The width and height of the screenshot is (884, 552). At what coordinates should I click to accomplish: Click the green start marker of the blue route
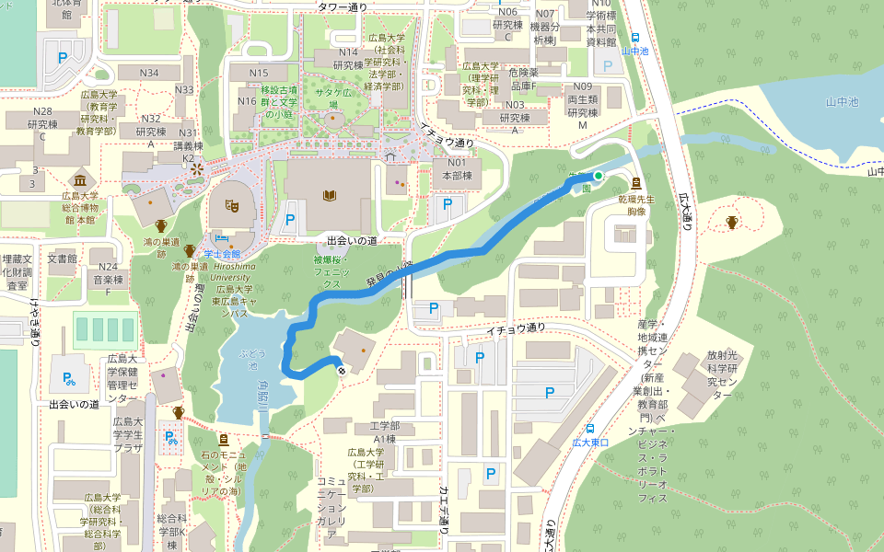click(x=598, y=175)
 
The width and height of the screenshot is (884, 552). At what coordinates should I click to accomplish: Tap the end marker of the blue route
click(x=342, y=370)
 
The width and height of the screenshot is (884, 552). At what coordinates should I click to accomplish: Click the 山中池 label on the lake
click(x=841, y=102)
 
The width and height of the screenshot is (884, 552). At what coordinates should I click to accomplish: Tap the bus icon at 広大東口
click(x=589, y=428)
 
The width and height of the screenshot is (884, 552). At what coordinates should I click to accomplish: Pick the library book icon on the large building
click(x=329, y=194)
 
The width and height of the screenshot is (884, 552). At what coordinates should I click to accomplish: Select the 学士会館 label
click(x=221, y=254)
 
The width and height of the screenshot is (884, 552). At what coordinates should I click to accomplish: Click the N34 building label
click(x=149, y=73)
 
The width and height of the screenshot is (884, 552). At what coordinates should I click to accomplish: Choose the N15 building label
click(x=259, y=73)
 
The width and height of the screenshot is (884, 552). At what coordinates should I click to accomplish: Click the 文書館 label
click(x=63, y=259)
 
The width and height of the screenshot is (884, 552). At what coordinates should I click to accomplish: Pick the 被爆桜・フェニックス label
click(x=331, y=272)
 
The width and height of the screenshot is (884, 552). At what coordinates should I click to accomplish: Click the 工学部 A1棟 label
click(x=383, y=432)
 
